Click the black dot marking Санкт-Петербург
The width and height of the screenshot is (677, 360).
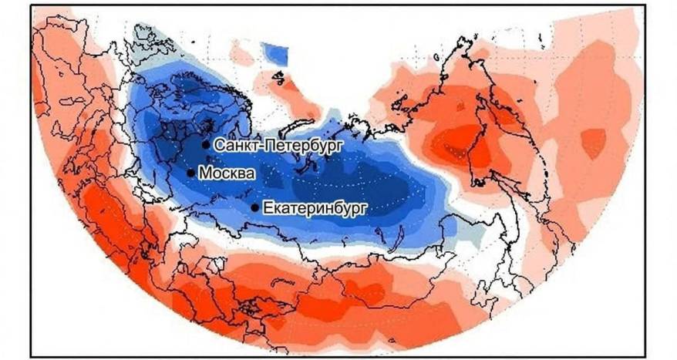pyautogui.click(x=205, y=144)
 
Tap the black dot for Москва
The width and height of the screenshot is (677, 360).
pyautogui.click(x=190, y=173)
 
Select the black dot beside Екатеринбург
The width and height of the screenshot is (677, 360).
pyautogui.click(x=255, y=207)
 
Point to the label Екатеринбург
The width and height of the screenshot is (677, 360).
pyautogui.click(x=312, y=208)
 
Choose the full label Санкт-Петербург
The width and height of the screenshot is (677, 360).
pyautogui.click(x=278, y=144)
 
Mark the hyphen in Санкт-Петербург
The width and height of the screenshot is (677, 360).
pyautogui.click(x=259, y=145)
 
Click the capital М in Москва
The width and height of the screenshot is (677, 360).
pyautogui.click(x=204, y=173)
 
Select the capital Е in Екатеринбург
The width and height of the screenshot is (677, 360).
pyautogui.click(x=268, y=207)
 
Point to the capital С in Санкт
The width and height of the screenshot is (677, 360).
pyautogui.click(x=218, y=144)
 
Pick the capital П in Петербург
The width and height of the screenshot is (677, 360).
pyautogui.click(x=268, y=144)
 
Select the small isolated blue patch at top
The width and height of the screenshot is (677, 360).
pyautogui.click(x=274, y=53)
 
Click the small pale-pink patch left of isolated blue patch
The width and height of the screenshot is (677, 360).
pyautogui.click(x=242, y=54)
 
